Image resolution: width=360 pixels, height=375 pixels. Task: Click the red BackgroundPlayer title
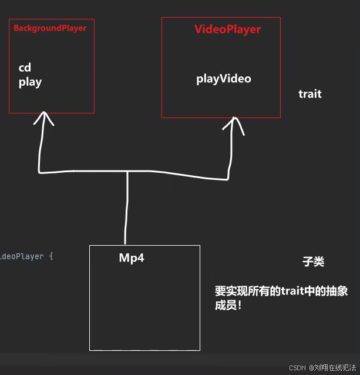tap(50, 28)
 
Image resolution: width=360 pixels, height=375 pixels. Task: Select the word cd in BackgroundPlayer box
tap(25, 68)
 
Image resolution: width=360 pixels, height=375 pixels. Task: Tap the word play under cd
tap(30, 82)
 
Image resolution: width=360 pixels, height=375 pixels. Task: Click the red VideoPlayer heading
tap(227, 29)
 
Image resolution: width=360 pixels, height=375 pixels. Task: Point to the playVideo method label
tap(223, 79)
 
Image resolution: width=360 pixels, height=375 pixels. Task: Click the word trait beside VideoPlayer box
tap(309, 94)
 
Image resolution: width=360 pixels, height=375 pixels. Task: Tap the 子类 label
tap(313, 262)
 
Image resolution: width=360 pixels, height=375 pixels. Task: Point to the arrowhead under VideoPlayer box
tap(233, 123)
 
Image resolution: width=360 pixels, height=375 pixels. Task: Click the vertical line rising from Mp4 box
tap(126, 212)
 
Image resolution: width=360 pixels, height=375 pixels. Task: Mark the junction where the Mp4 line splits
tap(127, 172)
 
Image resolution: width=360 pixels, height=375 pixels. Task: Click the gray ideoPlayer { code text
tap(26, 257)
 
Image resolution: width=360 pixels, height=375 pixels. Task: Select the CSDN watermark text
tap(298, 367)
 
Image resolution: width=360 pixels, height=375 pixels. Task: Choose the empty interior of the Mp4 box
tap(144, 309)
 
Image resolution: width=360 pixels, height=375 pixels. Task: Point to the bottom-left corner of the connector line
tap(39, 172)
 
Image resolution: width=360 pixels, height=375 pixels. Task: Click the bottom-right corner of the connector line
tap(228, 177)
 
